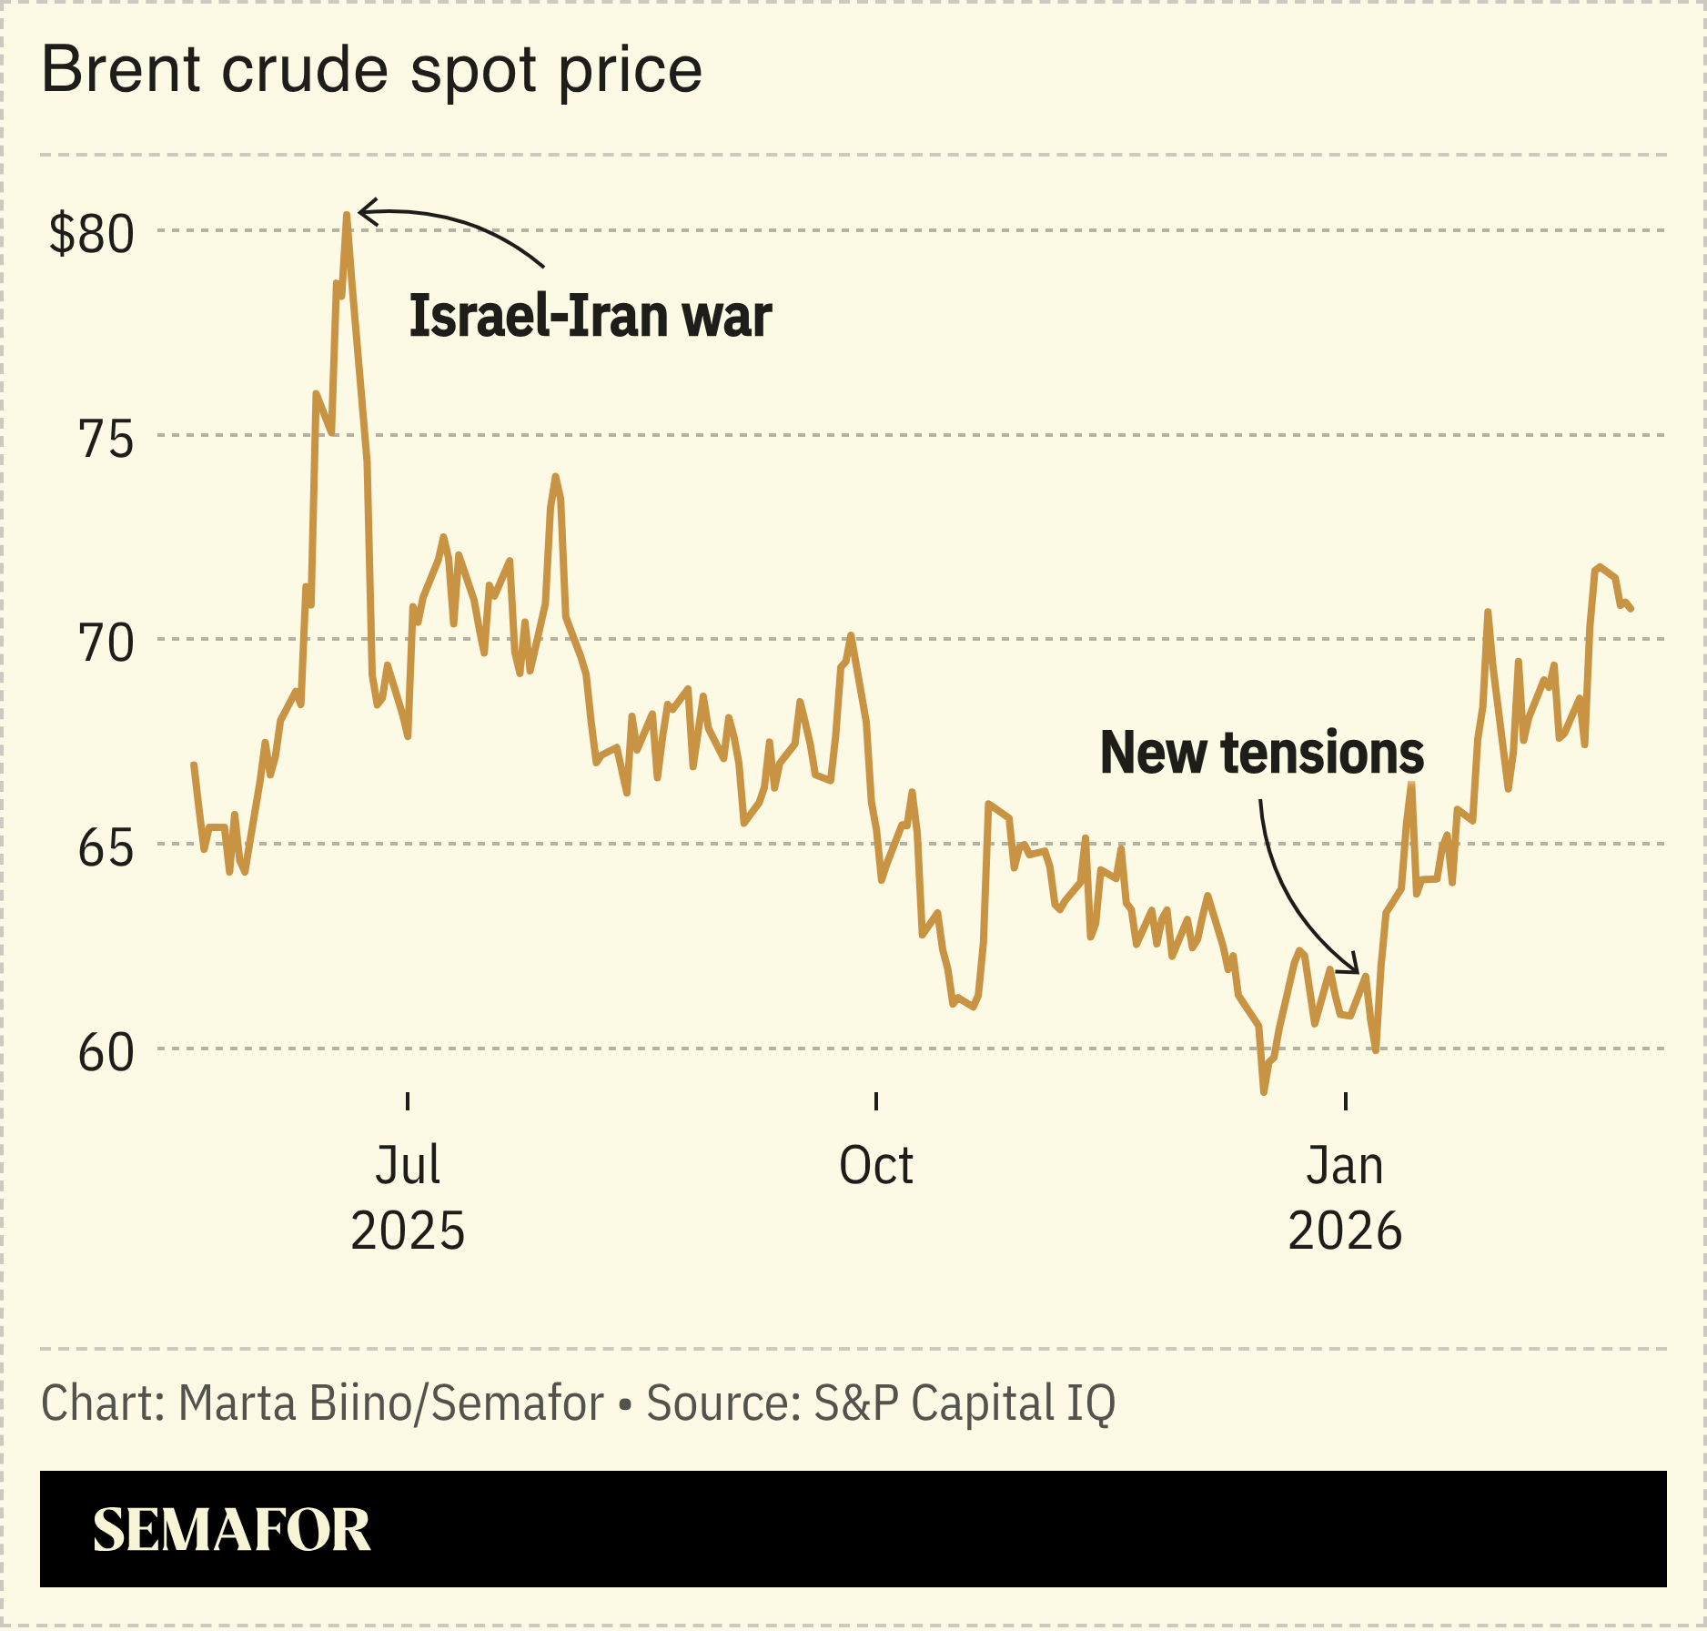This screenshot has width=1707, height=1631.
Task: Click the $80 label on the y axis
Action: (91, 234)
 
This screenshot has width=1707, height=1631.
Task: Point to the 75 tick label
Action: (106, 440)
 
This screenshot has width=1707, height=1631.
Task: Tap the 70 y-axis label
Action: (106, 643)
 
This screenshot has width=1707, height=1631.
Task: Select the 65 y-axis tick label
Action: (106, 848)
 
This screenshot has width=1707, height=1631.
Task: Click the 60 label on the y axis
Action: (106, 1052)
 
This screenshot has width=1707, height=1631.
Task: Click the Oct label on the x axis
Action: (875, 1165)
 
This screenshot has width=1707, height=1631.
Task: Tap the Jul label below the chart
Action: (408, 1165)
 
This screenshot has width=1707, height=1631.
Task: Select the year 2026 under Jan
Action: (1345, 1231)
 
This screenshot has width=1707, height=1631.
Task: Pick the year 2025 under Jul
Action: (408, 1231)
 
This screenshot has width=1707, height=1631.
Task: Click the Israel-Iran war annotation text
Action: (590, 316)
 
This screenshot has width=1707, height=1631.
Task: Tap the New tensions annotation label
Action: (1261, 753)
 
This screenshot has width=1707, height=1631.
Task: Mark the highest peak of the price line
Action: (347, 216)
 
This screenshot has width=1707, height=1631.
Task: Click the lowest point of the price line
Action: (1264, 1090)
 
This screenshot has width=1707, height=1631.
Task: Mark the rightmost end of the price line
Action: (1631, 608)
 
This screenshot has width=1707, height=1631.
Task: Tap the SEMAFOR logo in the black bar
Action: (231, 1530)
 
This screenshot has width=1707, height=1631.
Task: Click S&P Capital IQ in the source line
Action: (964, 1403)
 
